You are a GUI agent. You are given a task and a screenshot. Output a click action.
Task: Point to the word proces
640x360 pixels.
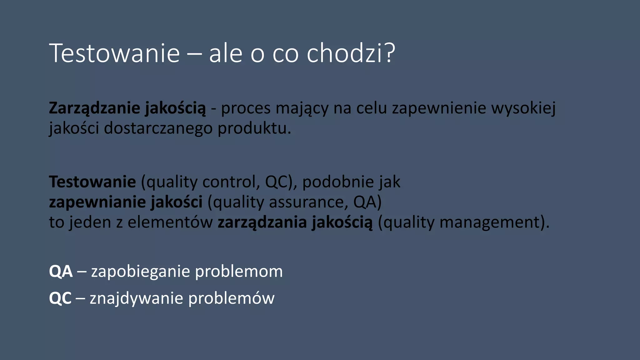246,108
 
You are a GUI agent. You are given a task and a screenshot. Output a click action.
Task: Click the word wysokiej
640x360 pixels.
523,108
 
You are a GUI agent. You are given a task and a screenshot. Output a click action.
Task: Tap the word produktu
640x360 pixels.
254,128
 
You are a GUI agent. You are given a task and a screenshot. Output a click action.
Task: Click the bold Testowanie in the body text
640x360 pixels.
92,182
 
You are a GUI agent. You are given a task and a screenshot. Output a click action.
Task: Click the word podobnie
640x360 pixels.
338,182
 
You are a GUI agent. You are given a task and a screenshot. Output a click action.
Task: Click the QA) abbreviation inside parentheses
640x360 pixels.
367,202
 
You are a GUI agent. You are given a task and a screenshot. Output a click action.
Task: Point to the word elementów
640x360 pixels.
170,222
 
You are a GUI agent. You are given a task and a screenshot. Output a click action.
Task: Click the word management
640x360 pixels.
490,222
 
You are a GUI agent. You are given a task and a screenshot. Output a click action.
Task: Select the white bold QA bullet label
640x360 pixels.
61,271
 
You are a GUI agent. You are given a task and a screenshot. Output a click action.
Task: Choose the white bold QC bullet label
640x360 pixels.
60,298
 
